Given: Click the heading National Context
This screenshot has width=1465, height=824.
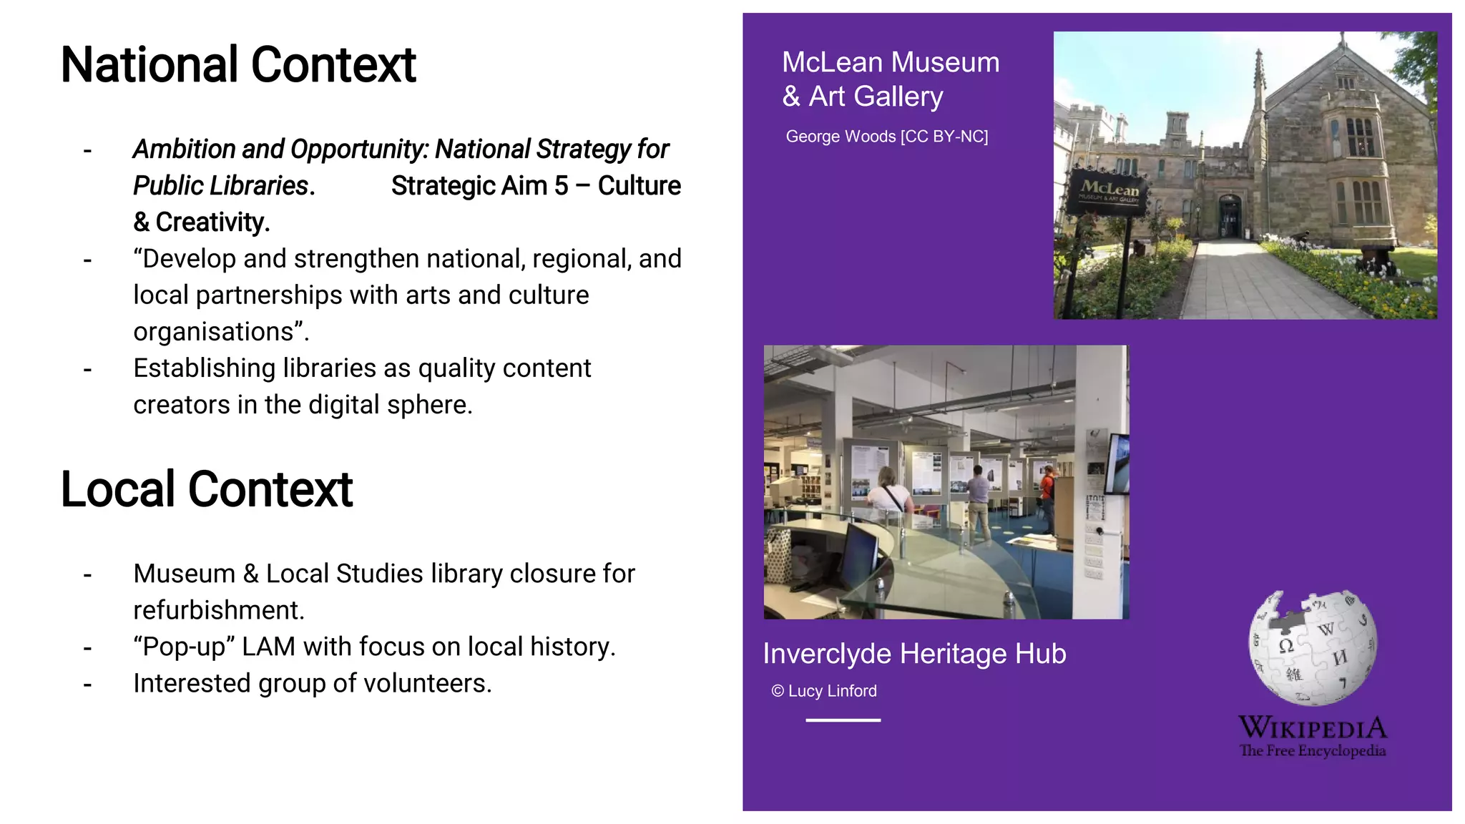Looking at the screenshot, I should pyautogui.click(x=238, y=65).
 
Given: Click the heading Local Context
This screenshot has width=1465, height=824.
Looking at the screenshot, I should pyautogui.click(x=207, y=490).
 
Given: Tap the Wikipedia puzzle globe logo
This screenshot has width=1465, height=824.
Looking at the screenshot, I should pyautogui.click(x=1313, y=648).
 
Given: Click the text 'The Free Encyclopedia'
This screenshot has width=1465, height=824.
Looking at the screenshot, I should pyautogui.click(x=1313, y=751).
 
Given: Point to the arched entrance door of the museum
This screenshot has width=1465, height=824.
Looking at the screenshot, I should pyautogui.click(x=1230, y=217).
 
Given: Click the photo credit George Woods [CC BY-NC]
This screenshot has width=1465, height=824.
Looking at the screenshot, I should pyautogui.click(x=886, y=137).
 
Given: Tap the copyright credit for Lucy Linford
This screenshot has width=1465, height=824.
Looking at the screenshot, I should pyautogui.click(x=824, y=691).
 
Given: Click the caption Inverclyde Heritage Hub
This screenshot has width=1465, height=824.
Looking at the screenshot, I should pyautogui.click(x=914, y=654).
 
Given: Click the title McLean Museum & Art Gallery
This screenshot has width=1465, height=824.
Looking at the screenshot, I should pyautogui.click(x=891, y=79).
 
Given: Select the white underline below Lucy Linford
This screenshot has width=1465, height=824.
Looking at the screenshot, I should pyautogui.click(x=843, y=720).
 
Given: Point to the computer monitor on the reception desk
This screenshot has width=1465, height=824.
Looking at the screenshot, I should pyautogui.click(x=862, y=554).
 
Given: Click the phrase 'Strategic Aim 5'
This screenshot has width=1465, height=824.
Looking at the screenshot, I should pyautogui.click(x=479, y=186).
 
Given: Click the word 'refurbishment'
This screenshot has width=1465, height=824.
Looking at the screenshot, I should pyautogui.click(x=218, y=610).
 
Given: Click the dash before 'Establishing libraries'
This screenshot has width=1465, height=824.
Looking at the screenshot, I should pyautogui.click(x=87, y=369).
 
